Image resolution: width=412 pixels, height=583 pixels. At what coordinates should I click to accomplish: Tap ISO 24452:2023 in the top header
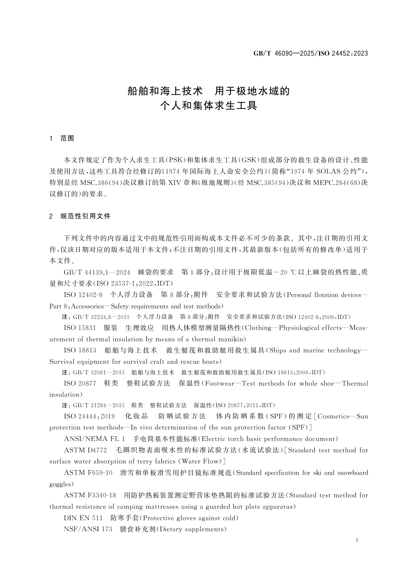pyautogui.click(x=342, y=53)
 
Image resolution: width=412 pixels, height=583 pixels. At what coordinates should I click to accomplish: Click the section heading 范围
pyautogui.click(x=67, y=138)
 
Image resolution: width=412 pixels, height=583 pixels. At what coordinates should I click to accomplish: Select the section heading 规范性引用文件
pyautogui.click(x=85, y=216)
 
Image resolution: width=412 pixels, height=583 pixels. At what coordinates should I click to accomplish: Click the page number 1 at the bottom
pyautogui.click(x=357, y=540)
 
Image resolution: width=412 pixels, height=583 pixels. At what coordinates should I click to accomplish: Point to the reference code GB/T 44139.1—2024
pyautogui.click(x=97, y=272)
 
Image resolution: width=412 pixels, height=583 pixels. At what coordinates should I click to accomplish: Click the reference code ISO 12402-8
pyautogui.click(x=83, y=295)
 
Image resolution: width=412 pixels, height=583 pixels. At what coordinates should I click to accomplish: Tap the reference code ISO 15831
pyautogui.click(x=80, y=328)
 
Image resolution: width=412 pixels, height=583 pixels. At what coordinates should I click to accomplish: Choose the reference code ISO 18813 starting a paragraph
pyautogui.click(x=80, y=350)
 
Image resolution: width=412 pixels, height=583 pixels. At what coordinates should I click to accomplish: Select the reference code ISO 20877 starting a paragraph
pyautogui.click(x=80, y=383)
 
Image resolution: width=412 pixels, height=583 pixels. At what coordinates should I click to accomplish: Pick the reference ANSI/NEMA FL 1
pyautogui.click(x=94, y=439)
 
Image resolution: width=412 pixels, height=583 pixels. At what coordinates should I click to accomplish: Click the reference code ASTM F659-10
pyautogui.click(x=88, y=473)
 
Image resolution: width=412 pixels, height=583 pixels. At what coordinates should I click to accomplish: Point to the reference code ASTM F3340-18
pyautogui.click(x=90, y=495)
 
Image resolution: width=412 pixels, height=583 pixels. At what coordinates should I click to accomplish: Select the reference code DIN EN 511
pyautogui.click(x=83, y=518)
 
